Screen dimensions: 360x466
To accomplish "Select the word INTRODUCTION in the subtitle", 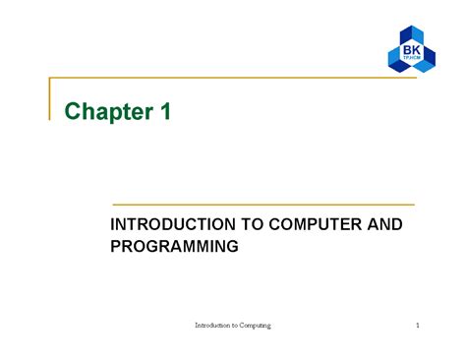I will (x=165, y=225).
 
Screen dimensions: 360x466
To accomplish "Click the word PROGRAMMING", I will (x=174, y=247).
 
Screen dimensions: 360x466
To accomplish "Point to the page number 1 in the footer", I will (x=417, y=326).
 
